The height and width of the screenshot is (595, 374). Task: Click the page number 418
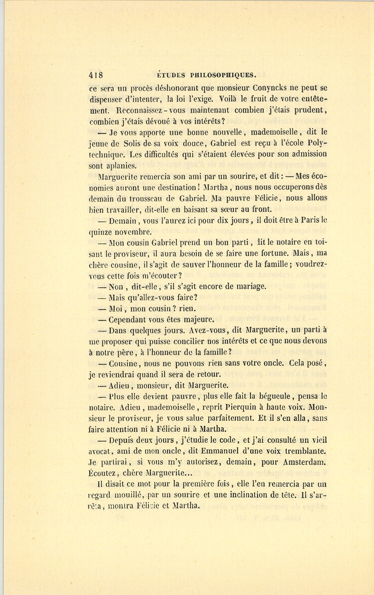coord(96,75)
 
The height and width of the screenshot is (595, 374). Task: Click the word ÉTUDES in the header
coord(171,75)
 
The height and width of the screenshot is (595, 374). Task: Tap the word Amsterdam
coord(305,462)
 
